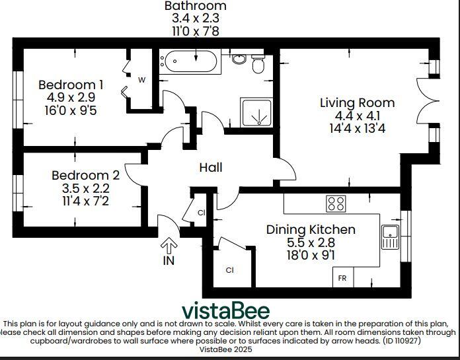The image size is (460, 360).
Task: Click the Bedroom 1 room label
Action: tap(71, 85)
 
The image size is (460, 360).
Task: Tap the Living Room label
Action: tap(358, 103)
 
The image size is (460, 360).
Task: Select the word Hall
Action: tap(211, 167)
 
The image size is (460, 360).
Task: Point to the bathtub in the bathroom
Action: tap(191, 61)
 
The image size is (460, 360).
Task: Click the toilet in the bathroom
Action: tap(258, 64)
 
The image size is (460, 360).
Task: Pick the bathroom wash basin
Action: tap(240, 59)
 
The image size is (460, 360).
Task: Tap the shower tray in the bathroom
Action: tap(256, 112)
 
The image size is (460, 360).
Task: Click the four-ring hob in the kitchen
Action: tap(336, 203)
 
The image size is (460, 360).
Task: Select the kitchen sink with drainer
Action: tap(390, 237)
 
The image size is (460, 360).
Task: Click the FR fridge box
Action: tap(343, 277)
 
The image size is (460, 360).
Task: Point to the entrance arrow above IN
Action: tap(169, 246)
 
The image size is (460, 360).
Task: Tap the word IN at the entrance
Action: tap(169, 260)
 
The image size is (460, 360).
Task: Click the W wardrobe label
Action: tap(141, 80)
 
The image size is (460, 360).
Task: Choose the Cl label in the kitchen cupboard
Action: tap(230, 270)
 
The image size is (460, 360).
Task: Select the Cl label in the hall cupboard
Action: tap(201, 213)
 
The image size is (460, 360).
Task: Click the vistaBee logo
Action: tap(225, 310)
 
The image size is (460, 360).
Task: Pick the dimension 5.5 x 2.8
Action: tap(311, 242)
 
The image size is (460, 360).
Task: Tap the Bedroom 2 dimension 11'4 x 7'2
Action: tap(85, 201)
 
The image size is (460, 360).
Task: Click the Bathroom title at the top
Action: tap(196, 5)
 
